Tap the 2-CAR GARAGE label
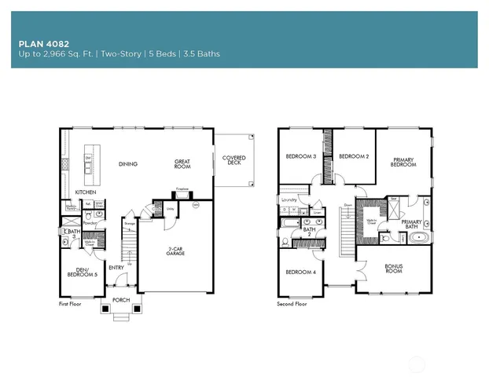[x=175, y=252]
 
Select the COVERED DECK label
[x=233, y=160]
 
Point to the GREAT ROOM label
[x=182, y=164]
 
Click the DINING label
[x=127, y=164]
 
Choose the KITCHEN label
[x=86, y=192]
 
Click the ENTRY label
[x=116, y=268]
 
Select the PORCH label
[x=121, y=300]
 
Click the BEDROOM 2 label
[x=354, y=157]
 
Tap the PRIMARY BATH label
[x=413, y=224]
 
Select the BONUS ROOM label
[x=393, y=268]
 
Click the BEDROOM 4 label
[x=300, y=273]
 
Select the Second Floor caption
[x=292, y=303]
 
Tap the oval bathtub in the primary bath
[x=418, y=236]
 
